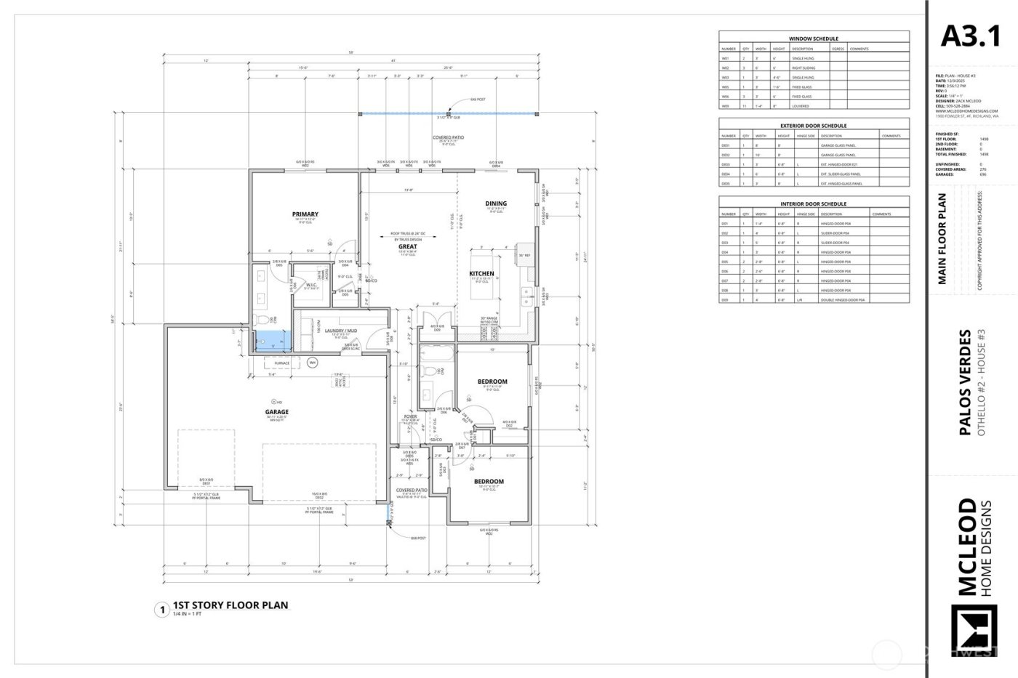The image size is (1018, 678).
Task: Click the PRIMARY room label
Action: (x=305, y=214)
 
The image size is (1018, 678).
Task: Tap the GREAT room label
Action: (x=407, y=246)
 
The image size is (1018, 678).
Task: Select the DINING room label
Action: (x=496, y=203)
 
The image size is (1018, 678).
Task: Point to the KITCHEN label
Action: (x=481, y=274)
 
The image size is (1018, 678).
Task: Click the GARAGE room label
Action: (x=277, y=411)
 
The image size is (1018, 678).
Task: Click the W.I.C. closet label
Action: (x=310, y=285)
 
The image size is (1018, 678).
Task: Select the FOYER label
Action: (x=410, y=416)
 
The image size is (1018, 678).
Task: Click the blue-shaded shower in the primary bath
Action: (x=268, y=340)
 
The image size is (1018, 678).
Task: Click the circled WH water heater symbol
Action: (x=313, y=362)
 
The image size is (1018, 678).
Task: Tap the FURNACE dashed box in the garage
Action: (x=281, y=363)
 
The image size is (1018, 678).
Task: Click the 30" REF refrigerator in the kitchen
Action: (x=524, y=255)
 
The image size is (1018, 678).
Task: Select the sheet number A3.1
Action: (x=971, y=36)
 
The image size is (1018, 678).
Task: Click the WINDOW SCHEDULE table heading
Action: (x=814, y=39)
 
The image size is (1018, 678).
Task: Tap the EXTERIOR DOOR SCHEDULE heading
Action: (x=814, y=126)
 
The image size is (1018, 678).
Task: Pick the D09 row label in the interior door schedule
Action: (x=725, y=299)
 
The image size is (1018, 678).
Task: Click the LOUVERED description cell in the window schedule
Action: (x=801, y=106)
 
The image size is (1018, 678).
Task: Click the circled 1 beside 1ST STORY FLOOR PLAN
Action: (x=161, y=610)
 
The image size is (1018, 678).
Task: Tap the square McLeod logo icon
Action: (x=974, y=637)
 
